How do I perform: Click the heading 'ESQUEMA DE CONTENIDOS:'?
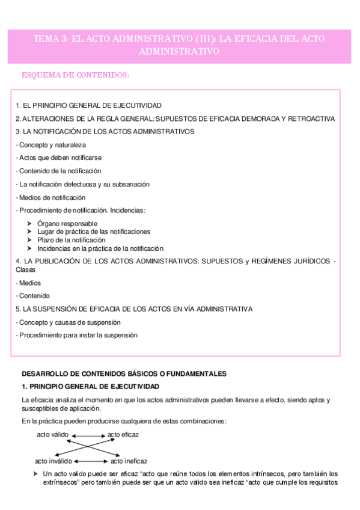pos(75,75)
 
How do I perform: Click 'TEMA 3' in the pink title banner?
pos(51,39)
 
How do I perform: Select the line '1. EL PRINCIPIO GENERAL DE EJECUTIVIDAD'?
pos(88,105)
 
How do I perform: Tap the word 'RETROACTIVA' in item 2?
pos(313,118)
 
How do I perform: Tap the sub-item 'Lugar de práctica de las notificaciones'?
pos(94,232)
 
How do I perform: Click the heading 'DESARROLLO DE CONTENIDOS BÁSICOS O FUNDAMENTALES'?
pos(124,373)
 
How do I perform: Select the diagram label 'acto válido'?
pos(53,434)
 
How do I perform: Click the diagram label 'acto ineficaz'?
pos(128,461)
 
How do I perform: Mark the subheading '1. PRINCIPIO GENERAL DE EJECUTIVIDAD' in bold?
pos(90,386)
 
